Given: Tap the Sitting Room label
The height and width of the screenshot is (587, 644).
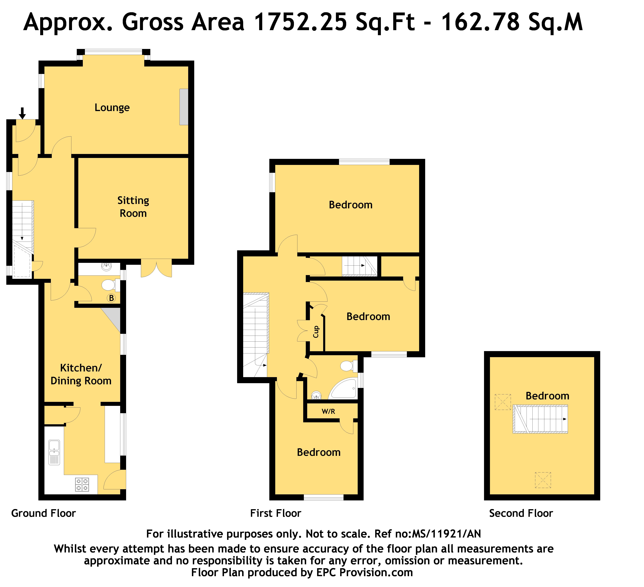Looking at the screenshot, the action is [133, 207].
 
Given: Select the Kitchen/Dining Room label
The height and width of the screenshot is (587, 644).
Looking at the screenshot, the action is [81, 374].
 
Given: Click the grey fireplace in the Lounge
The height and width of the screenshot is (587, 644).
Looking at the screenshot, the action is [184, 107].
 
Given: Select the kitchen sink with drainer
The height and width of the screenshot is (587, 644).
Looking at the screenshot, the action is [54, 452].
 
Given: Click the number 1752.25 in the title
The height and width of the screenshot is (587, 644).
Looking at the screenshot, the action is [301, 22].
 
